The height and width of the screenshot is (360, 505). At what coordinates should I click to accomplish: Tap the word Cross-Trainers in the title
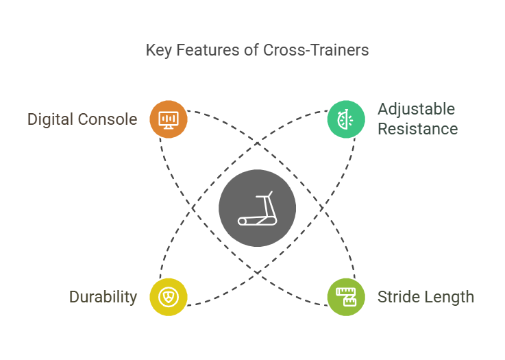pyautogui.click(x=316, y=50)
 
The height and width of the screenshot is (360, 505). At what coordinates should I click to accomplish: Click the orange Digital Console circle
pyautogui.click(x=169, y=119)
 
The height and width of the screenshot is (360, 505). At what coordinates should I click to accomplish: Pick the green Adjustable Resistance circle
pyautogui.click(x=346, y=119)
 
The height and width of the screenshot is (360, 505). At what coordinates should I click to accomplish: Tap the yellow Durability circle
pyautogui.click(x=169, y=297)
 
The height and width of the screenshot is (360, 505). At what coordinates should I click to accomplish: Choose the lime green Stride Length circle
pyautogui.click(x=346, y=297)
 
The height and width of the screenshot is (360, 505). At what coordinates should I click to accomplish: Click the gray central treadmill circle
pyautogui.click(x=258, y=208)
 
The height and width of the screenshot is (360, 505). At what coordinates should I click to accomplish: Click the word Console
pyautogui.click(x=108, y=119)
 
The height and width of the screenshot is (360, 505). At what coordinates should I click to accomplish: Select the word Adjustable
pyautogui.click(x=416, y=110)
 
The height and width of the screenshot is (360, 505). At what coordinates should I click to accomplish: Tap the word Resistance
pyautogui.click(x=418, y=129)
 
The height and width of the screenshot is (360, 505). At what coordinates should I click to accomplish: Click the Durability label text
pyautogui.click(x=103, y=298)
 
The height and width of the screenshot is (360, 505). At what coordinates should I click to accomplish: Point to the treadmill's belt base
pyautogui.click(x=258, y=221)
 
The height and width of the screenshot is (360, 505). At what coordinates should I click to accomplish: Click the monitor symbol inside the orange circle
pyautogui.click(x=169, y=120)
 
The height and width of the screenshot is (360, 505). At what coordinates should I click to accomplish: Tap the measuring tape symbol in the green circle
pyautogui.click(x=346, y=297)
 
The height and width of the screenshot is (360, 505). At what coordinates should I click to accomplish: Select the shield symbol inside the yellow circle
pyautogui.click(x=169, y=297)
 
